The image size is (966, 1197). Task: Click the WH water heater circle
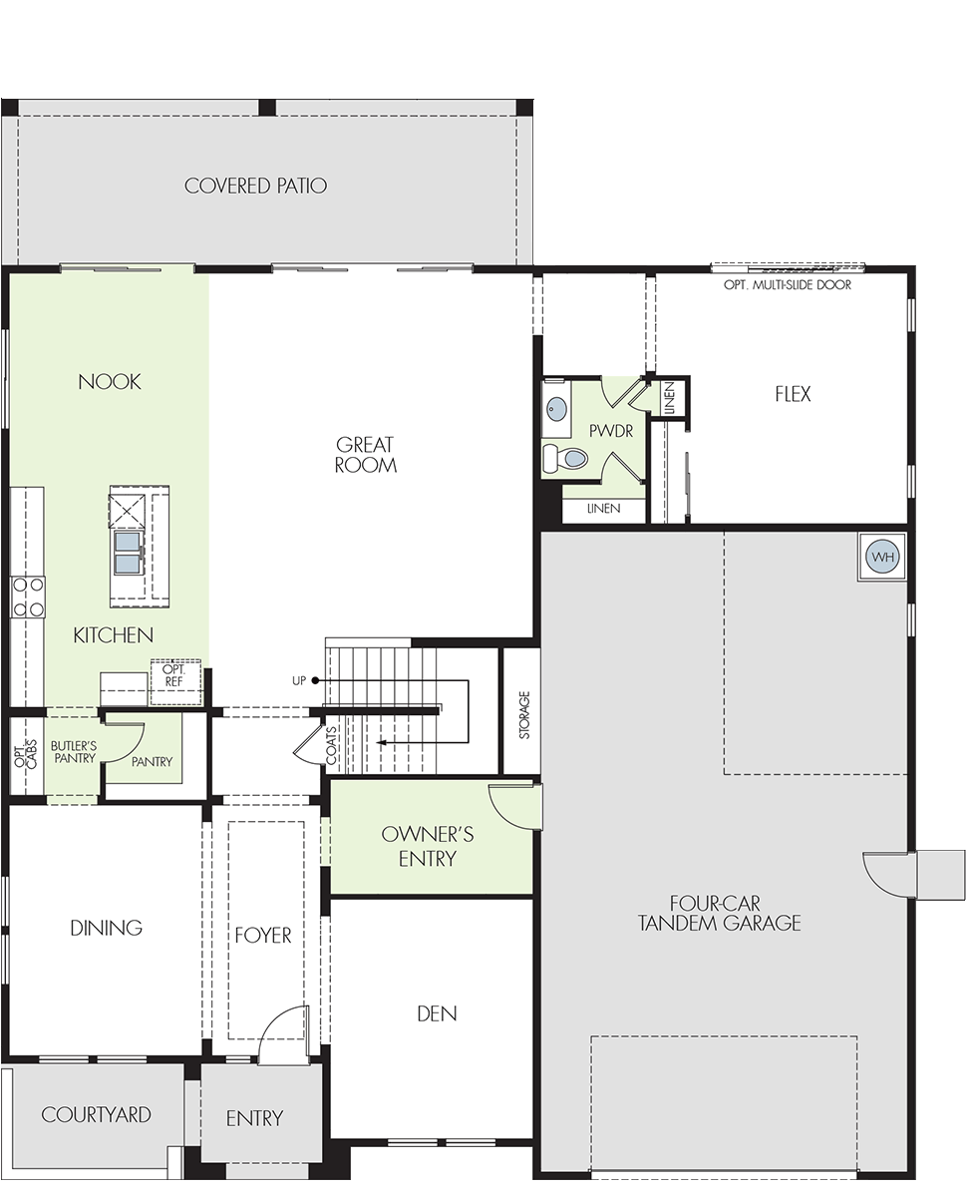click(881, 557)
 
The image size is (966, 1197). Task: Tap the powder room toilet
click(565, 458)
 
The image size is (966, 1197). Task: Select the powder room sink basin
click(556, 408)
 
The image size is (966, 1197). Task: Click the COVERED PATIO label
click(255, 186)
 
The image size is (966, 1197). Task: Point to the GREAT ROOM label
click(366, 455)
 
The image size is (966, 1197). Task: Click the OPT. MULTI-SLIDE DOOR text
click(788, 285)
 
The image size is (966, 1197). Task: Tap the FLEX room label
click(793, 394)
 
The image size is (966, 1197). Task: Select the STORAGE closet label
click(524, 715)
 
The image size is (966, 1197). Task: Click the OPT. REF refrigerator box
click(175, 681)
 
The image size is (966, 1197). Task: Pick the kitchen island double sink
click(127, 553)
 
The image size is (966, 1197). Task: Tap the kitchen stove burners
click(28, 597)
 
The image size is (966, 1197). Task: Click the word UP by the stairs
click(299, 680)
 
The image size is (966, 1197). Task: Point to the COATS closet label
click(331, 746)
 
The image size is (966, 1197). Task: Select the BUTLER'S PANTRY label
click(74, 752)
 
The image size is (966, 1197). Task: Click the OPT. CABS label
click(26, 755)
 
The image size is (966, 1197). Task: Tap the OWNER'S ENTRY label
click(428, 846)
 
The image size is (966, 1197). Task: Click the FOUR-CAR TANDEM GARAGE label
click(719, 913)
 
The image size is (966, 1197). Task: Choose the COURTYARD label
click(96, 1114)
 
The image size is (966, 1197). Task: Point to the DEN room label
click(437, 1013)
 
